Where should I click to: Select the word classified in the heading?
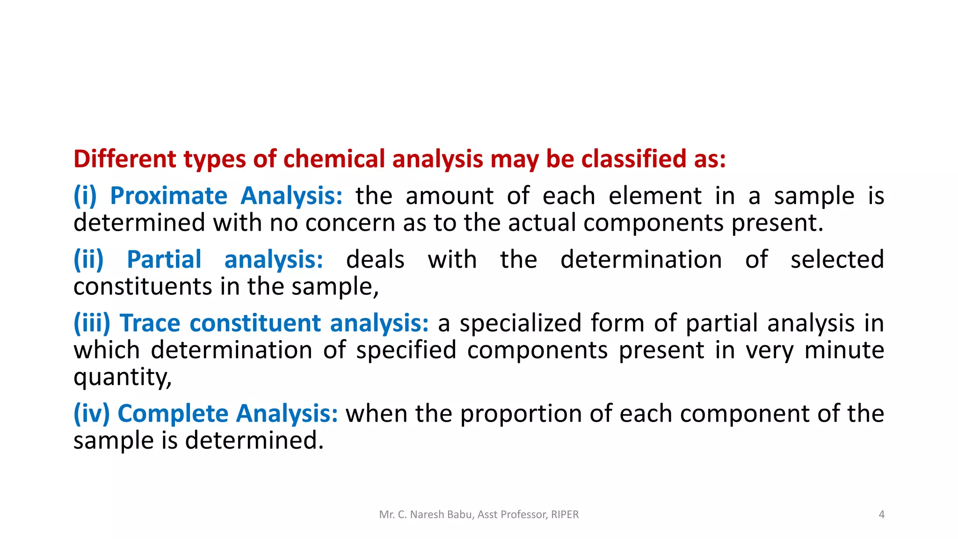[x=633, y=159]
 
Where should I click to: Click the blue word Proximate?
[x=168, y=196]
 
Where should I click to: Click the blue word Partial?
[x=164, y=260]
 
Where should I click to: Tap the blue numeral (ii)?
[x=88, y=260]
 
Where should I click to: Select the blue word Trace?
[x=150, y=323]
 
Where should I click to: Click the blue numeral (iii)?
[x=92, y=323]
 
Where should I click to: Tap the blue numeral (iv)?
[x=91, y=414]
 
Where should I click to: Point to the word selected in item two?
[x=837, y=260]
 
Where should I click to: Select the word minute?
[x=844, y=350]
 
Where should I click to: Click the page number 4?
[x=881, y=515]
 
